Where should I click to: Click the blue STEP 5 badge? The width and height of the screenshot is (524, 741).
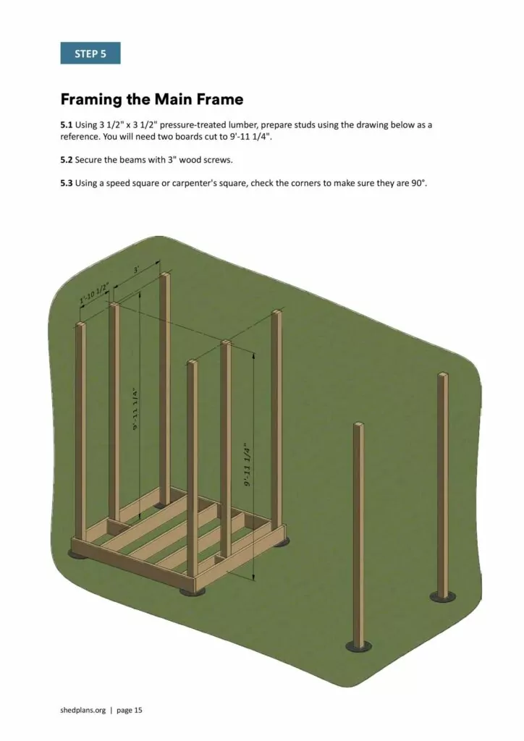coord(90,54)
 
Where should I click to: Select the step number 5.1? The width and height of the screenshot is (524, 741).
coord(67,124)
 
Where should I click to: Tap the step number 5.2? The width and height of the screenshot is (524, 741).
coord(67,159)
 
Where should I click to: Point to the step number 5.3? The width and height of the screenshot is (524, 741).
coord(67,183)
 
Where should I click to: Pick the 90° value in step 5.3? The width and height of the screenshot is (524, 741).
coord(418,183)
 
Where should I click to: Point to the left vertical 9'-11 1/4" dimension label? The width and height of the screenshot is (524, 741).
coord(135,409)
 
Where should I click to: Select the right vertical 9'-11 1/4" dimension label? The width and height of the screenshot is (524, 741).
coord(247,465)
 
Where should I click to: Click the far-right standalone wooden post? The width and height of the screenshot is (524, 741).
coord(442,485)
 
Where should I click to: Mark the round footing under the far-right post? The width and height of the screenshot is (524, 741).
coord(442,597)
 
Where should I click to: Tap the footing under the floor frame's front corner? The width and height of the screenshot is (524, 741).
coord(192,591)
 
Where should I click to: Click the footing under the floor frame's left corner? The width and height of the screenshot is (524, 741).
coord(77,554)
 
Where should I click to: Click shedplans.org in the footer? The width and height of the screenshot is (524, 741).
coord(83,710)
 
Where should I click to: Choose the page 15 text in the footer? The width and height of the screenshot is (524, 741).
coord(129,710)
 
